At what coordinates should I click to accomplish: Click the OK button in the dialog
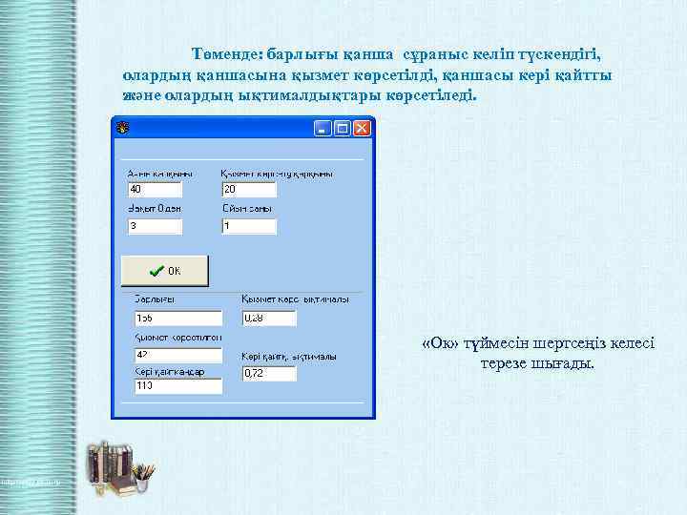tap(164, 270)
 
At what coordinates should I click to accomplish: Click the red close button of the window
tap(362, 127)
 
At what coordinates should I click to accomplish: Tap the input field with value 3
tap(155, 226)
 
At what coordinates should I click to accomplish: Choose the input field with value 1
tap(248, 226)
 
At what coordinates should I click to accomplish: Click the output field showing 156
tap(177, 317)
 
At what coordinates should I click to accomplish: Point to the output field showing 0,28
tap(268, 317)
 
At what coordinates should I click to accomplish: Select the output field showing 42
tap(177, 355)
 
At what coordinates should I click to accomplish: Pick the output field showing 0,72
tap(268, 373)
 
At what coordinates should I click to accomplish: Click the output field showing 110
tap(177, 385)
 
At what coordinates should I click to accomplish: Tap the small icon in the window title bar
tap(122, 127)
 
